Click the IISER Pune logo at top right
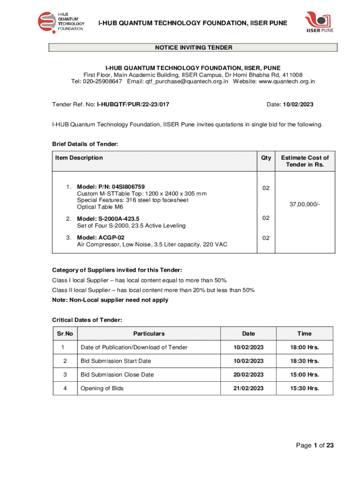[x=320, y=23]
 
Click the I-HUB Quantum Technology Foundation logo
[x=61, y=22]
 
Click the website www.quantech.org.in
[x=287, y=81]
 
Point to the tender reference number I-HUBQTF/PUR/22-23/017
[x=133, y=104]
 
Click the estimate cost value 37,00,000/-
[x=305, y=204]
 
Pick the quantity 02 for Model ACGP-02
[x=266, y=238]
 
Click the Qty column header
[x=266, y=158]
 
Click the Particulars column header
[x=149, y=334]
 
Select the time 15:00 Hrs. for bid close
[x=304, y=375]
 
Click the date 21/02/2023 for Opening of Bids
[x=249, y=388]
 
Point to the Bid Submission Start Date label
[x=116, y=361]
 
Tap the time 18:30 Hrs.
[x=304, y=361]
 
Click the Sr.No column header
[x=65, y=334]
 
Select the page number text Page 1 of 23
[x=315, y=445]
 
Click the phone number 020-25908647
[x=103, y=81]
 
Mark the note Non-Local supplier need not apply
[x=110, y=300]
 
